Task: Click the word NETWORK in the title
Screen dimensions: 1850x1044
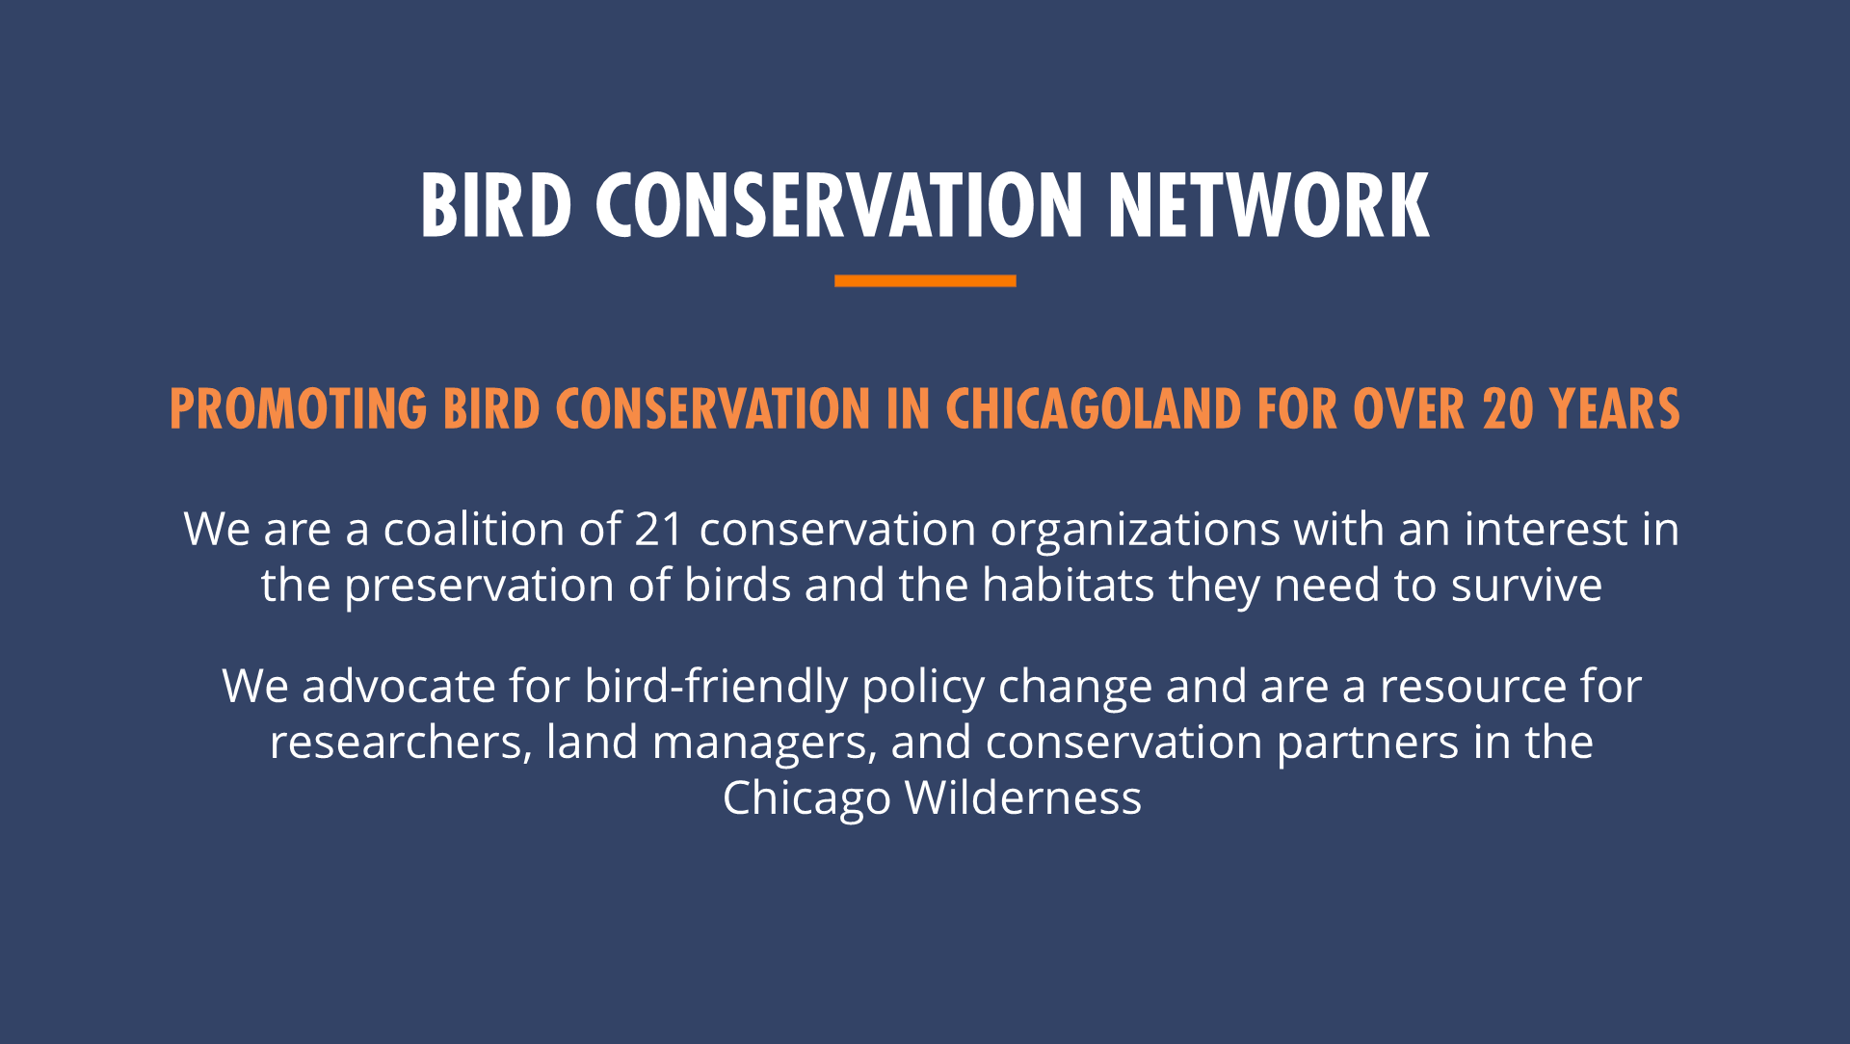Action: (1268, 205)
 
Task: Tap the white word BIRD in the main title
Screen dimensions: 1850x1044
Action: (496, 205)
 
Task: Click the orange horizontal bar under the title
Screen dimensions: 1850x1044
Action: (925, 280)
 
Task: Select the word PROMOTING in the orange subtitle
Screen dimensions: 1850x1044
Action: (298, 409)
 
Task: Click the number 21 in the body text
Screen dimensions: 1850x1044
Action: (659, 529)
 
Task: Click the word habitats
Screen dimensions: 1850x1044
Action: (1069, 585)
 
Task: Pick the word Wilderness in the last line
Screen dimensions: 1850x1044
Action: (1023, 797)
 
